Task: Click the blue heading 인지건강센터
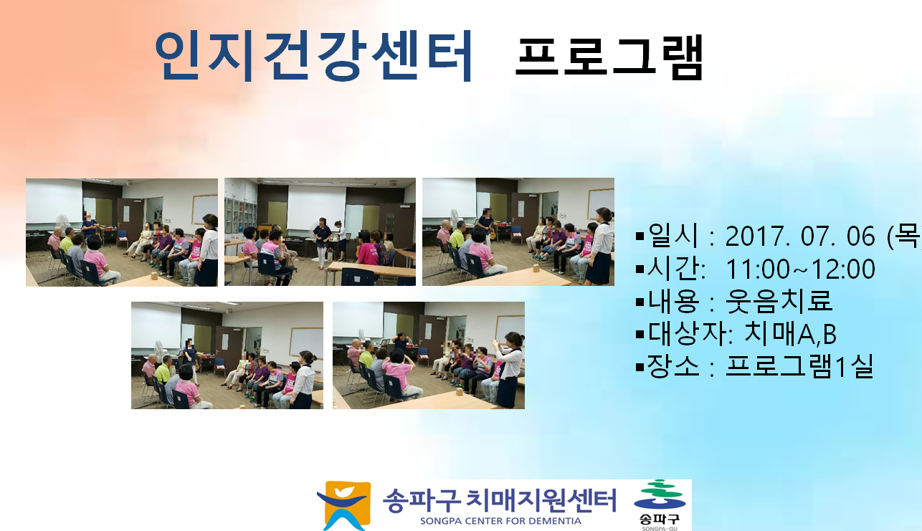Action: (x=313, y=55)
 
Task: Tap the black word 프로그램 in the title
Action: (x=609, y=57)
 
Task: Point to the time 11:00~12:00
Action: (x=800, y=269)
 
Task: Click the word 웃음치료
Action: (x=779, y=301)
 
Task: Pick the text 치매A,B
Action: (x=790, y=333)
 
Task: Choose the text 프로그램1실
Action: (x=799, y=366)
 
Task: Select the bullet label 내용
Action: (x=673, y=301)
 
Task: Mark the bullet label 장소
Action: (x=673, y=366)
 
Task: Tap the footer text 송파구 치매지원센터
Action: (x=499, y=500)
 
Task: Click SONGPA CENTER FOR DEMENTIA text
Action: (x=500, y=521)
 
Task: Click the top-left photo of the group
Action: (x=122, y=232)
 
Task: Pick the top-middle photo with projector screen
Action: (x=320, y=232)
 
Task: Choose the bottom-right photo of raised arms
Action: (x=429, y=355)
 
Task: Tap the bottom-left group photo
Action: (x=227, y=355)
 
